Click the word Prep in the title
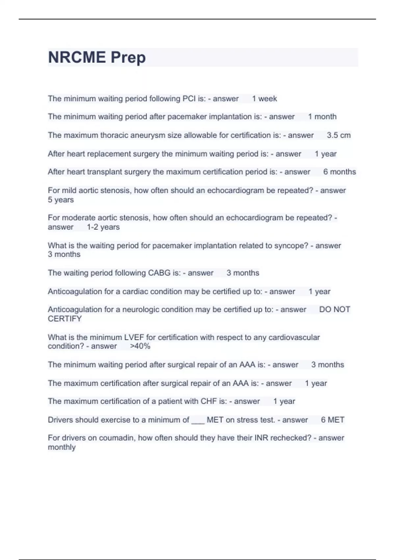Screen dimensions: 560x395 128,58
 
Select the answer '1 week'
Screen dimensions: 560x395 264,98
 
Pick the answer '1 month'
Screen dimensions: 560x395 322,117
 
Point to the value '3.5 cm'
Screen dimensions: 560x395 339,135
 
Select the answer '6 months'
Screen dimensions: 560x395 339,172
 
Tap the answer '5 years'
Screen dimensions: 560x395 61,200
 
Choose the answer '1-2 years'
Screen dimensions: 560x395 103,227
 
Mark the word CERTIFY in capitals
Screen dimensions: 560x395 65,319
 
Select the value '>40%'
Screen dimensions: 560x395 140,346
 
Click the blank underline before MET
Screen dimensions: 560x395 198,421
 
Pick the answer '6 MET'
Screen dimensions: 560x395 332,420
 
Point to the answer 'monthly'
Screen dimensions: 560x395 62,447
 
